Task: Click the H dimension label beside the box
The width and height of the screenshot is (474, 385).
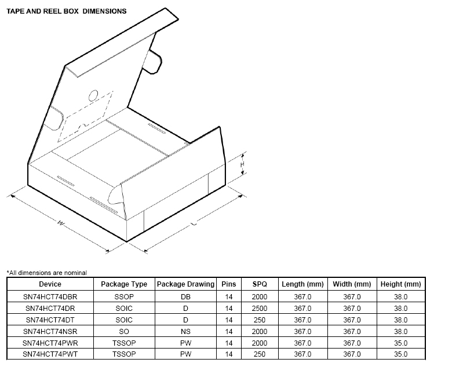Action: point(242,164)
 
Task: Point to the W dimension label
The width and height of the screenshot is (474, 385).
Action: point(61,223)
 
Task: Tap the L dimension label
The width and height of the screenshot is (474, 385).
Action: point(194,223)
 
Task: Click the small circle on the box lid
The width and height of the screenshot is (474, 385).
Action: point(93,96)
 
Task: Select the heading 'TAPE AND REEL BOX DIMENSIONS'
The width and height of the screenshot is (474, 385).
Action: point(67,12)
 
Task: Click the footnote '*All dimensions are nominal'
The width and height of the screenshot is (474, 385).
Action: point(47,273)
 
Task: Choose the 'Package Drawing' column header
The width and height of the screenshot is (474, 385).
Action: point(185,284)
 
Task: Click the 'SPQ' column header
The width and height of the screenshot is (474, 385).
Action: point(260,284)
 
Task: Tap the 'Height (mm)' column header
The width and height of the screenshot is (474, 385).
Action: point(401,284)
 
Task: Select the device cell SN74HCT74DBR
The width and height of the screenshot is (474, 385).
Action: point(50,297)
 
